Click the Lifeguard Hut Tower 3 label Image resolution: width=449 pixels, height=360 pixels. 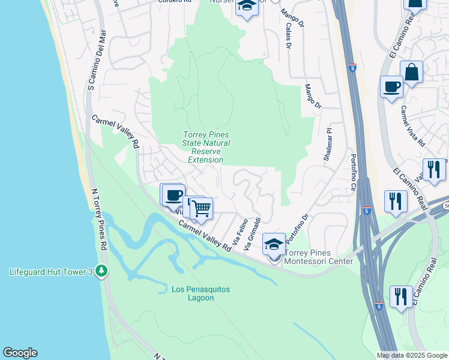coord(51,272)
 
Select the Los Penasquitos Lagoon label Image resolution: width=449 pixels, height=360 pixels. coord(200,293)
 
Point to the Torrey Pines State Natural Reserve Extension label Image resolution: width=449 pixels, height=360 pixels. coord(206,148)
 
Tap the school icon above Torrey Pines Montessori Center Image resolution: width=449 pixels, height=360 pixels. coord(274,244)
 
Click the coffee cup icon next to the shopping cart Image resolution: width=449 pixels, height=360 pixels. coord(173,195)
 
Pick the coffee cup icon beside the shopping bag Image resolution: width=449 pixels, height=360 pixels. coord(391,86)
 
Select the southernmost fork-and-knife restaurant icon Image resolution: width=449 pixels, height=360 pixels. coord(401,296)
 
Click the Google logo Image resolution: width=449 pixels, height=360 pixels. coord(20,353)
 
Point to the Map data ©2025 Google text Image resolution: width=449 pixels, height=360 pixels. coord(411,355)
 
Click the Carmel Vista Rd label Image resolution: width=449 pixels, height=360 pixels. coord(412,127)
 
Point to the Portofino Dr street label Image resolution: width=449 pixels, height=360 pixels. coord(297,228)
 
